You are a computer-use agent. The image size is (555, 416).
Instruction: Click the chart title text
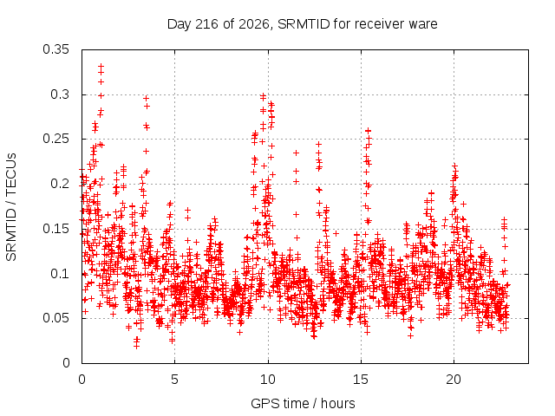(x=303, y=24)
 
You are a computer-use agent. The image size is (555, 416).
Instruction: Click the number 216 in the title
(x=206, y=24)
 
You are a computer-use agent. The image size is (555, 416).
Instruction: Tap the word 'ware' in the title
(x=423, y=25)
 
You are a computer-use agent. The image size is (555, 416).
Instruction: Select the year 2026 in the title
(x=253, y=24)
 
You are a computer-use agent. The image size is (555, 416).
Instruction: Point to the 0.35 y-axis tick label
(x=55, y=49)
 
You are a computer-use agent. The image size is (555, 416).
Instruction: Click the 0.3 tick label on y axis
(x=60, y=94)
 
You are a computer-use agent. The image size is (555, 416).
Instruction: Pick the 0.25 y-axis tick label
(x=55, y=139)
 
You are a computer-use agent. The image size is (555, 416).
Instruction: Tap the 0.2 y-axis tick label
(x=60, y=184)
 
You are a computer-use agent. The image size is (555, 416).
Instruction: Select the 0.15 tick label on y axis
(x=55, y=229)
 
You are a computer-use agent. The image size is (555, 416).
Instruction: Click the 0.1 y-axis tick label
(x=60, y=274)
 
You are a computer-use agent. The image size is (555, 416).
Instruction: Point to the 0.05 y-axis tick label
(x=55, y=318)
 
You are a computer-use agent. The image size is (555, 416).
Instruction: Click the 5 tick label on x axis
(x=175, y=380)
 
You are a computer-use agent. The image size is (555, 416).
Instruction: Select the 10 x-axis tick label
(x=268, y=380)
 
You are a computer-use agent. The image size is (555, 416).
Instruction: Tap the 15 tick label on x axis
(x=361, y=380)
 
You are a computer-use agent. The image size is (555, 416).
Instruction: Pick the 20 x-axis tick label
(x=454, y=380)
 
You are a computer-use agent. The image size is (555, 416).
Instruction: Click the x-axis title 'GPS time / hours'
(x=303, y=404)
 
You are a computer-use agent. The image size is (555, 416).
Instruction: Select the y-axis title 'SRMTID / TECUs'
(x=11, y=207)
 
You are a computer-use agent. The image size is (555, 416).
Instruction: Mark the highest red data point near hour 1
(x=101, y=66)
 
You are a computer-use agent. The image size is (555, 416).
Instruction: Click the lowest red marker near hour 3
(x=137, y=346)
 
